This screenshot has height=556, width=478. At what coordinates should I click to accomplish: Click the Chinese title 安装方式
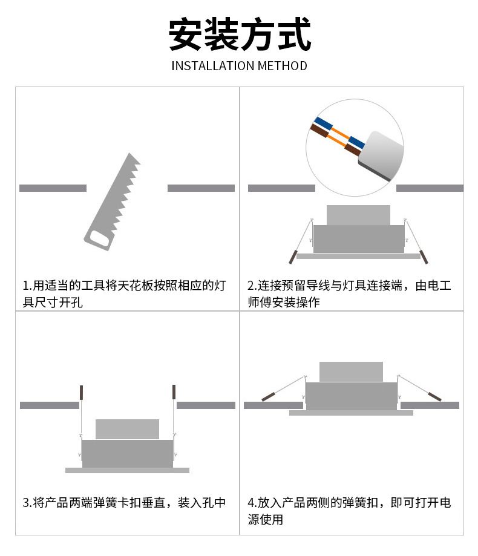240,35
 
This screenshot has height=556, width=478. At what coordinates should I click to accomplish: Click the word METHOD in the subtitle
282,66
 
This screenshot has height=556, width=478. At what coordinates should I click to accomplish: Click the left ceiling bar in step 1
53,188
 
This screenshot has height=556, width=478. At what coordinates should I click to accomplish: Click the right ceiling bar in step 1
201,188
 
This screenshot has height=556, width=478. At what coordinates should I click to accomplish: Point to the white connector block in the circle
381,155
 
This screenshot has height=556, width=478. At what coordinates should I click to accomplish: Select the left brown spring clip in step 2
293,257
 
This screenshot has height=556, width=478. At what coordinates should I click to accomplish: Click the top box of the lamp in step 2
358,215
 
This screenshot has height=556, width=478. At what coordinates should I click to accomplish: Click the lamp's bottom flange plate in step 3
127,470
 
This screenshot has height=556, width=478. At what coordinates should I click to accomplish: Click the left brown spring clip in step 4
268,397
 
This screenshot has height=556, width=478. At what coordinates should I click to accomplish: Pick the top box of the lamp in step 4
351,371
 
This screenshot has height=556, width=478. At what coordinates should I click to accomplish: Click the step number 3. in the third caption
27,503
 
